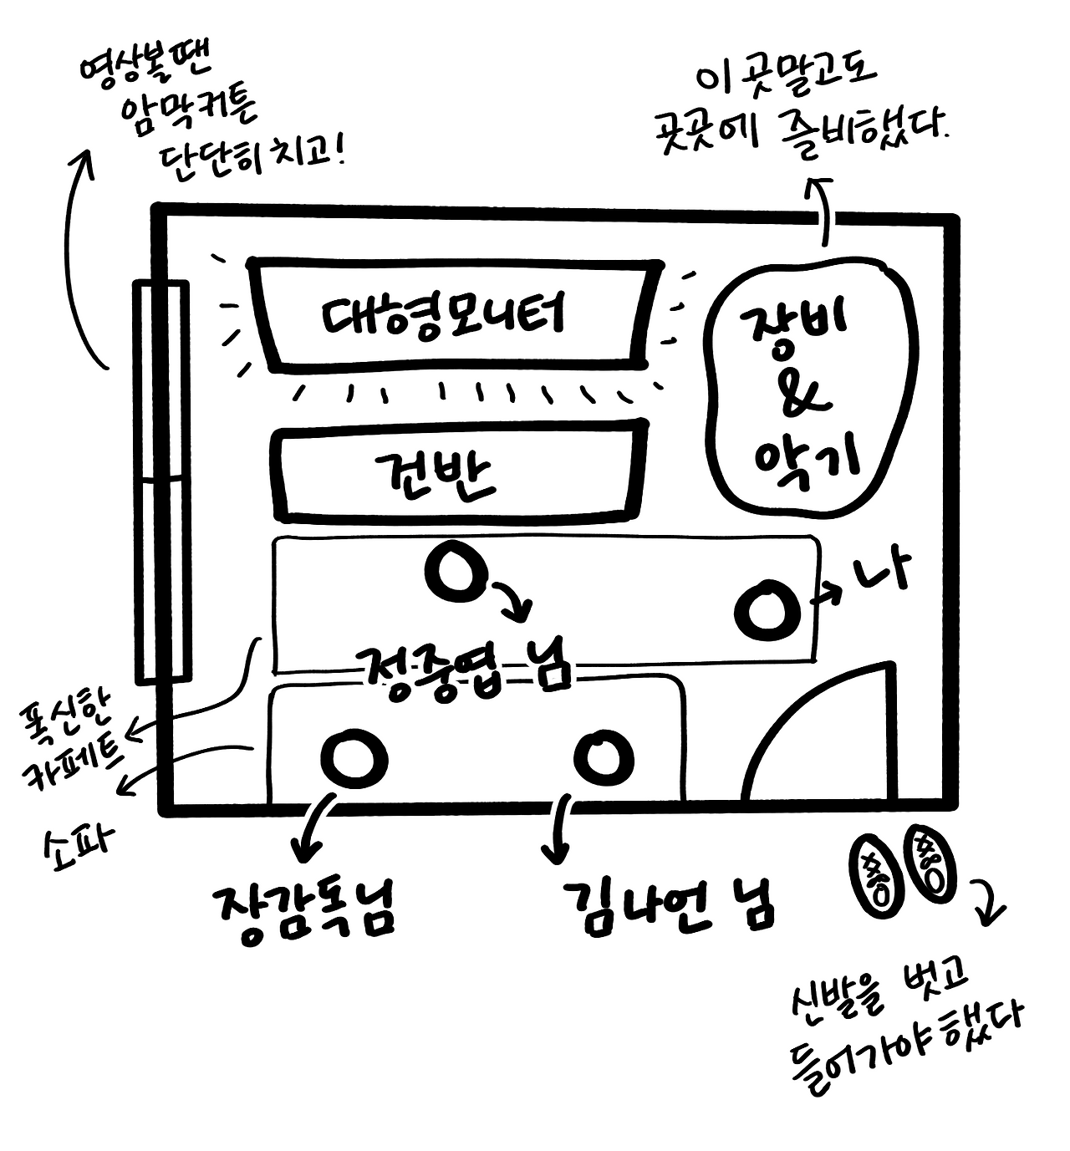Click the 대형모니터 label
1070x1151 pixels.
444,316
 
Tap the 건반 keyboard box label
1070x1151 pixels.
436,474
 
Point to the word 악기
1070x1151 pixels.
806,458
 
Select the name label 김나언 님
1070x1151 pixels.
669,906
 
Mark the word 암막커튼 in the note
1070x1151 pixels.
189,111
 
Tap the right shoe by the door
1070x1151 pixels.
930,862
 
